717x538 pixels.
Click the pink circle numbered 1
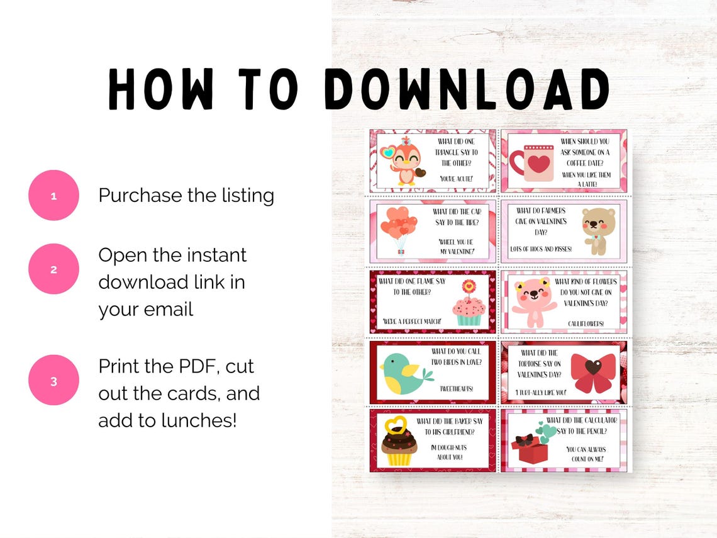tap(53, 196)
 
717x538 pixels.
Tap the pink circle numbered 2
tap(53, 269)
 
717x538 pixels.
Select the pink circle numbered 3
tap(53, 381)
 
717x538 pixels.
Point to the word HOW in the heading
tap(160, 89)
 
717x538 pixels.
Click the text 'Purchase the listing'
tap(186, 196)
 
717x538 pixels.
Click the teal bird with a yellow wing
tap(404, 373)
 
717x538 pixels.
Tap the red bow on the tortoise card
tap(592, 371)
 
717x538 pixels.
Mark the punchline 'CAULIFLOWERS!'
tap(585, 323)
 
